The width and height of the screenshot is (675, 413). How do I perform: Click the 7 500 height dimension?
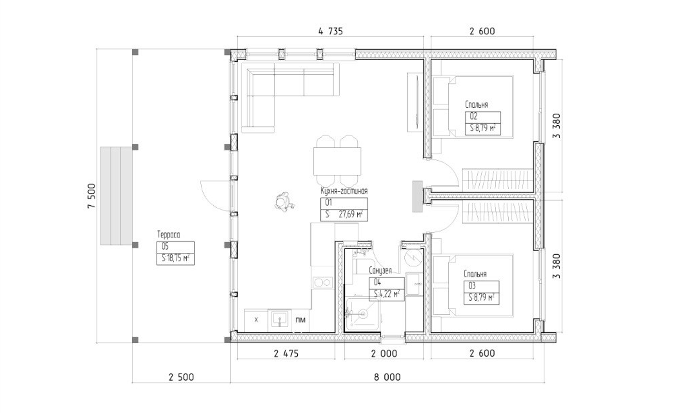(x=91, y=195)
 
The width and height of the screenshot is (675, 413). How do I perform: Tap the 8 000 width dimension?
(x=387, y=377)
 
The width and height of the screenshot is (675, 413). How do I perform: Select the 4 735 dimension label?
(x=330, y=31)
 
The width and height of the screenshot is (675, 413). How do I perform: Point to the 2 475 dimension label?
(x=286, y=354)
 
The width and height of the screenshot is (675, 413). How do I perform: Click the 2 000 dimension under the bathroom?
(x=384, y=354)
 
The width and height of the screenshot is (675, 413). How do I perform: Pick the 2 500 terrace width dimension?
(x=181, y=377)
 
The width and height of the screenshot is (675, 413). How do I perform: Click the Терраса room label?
(x=169, y=234)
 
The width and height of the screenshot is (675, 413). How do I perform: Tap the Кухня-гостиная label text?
(x=344, y=191)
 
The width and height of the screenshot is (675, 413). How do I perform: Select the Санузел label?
(x=380, y=271)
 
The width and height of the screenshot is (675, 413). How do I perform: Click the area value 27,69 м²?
(x=351, y=215)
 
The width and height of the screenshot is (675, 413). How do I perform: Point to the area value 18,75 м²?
(x=176, y=258)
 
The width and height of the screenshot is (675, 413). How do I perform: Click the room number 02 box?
(x=483, y=117)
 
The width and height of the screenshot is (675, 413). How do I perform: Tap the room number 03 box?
(x=481, y=286)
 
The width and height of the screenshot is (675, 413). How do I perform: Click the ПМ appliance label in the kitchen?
(x=300, y=320)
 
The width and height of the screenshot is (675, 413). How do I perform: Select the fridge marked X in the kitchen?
(x=256, y=320)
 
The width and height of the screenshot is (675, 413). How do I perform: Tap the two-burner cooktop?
(x=323, y=283)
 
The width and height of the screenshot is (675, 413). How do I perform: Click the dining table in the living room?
(x=337, y=162)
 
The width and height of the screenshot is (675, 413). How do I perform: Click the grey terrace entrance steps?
(x=116, y=195)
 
